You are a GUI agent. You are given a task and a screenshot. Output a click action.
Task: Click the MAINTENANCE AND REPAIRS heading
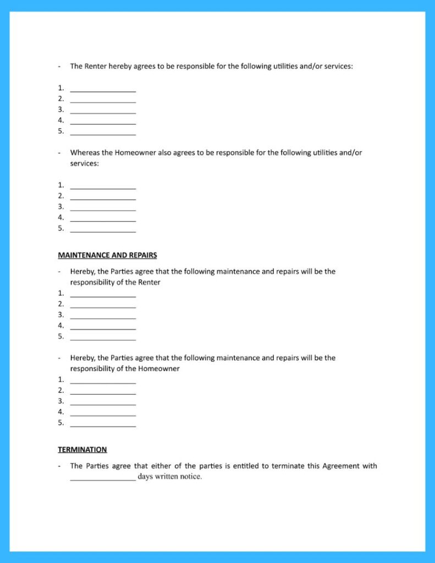tap(107, 255)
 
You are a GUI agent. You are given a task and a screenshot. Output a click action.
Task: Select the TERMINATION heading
tap(82, 450)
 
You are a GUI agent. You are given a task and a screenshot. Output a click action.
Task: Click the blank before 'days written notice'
tap(103, 477)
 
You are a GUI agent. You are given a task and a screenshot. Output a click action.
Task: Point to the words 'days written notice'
tap(170, 477)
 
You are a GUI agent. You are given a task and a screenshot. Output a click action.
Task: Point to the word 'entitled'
tap(246, 466)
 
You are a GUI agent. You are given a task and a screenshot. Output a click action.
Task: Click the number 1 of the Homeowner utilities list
tap(60, 185)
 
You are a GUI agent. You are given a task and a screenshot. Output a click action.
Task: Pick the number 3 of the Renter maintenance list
tap(60, 315)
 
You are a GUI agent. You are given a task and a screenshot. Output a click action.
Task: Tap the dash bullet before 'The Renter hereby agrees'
tap(59, 67)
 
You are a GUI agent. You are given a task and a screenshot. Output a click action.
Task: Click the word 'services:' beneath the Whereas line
tap(84, 164)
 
